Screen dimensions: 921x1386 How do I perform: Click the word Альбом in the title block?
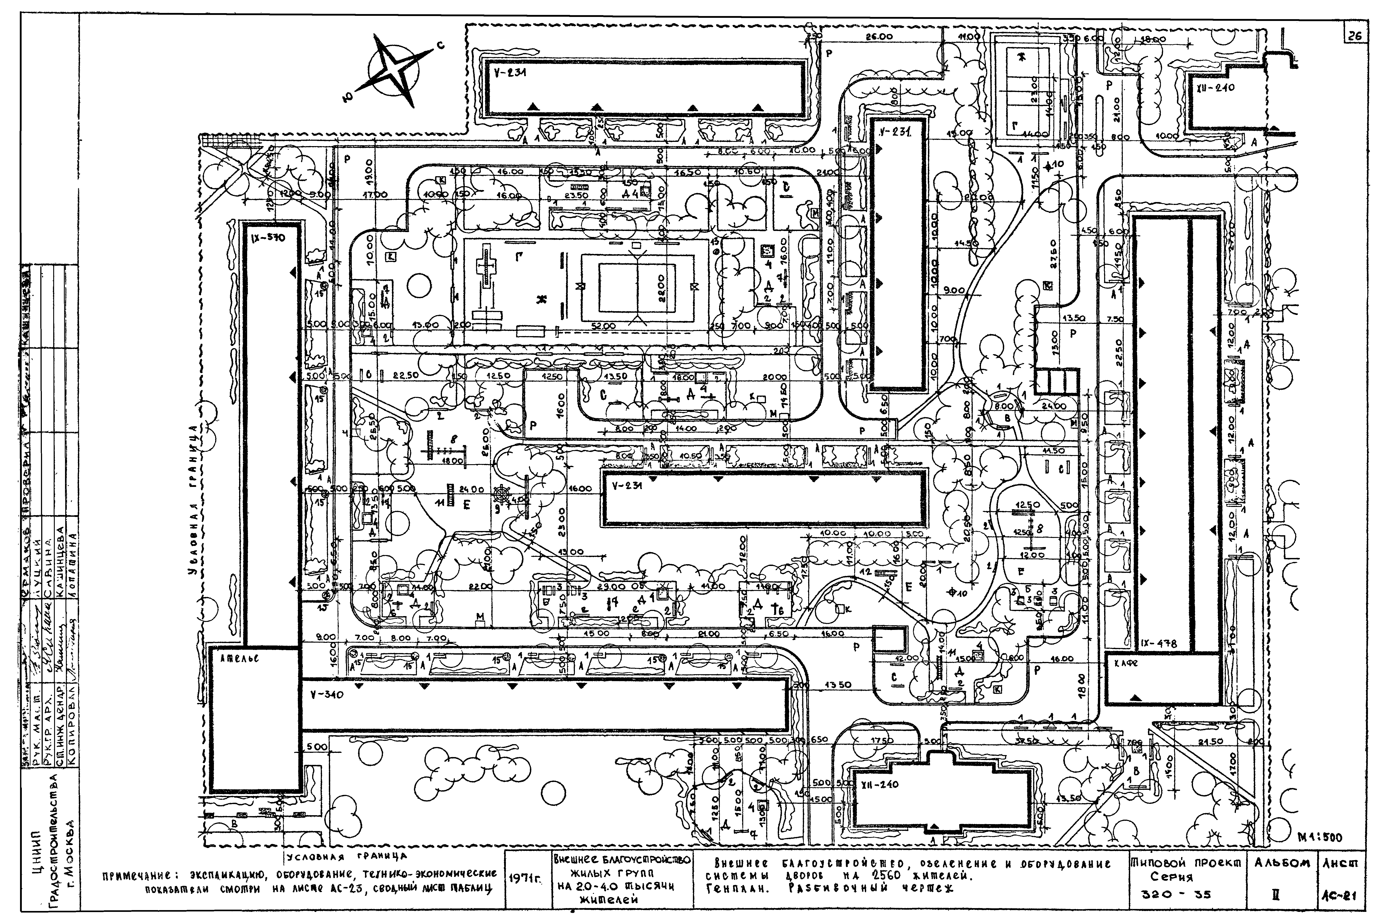pos(1281,864)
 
